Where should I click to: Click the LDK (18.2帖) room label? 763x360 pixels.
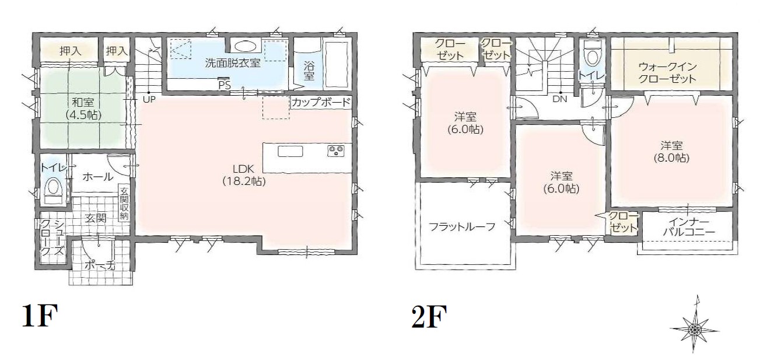click(x=244, y=176)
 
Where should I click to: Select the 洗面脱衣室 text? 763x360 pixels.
click(x=232, y=63)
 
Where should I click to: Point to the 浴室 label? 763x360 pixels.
click(x=309, y=69)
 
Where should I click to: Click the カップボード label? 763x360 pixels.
click(x=321, y=103)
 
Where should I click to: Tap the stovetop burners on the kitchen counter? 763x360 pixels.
click(x=337, y=151)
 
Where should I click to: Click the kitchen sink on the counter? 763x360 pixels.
click(x=290, y=152)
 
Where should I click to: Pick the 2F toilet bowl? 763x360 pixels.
click(x=593, y=55)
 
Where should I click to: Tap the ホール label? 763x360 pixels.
click(x=97, y=176)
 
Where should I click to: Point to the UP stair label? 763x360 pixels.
click(x=149, y=100)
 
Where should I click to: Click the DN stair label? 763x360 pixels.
click(x=560, y=100)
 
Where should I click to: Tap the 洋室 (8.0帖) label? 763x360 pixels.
click(x=671, y=151)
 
